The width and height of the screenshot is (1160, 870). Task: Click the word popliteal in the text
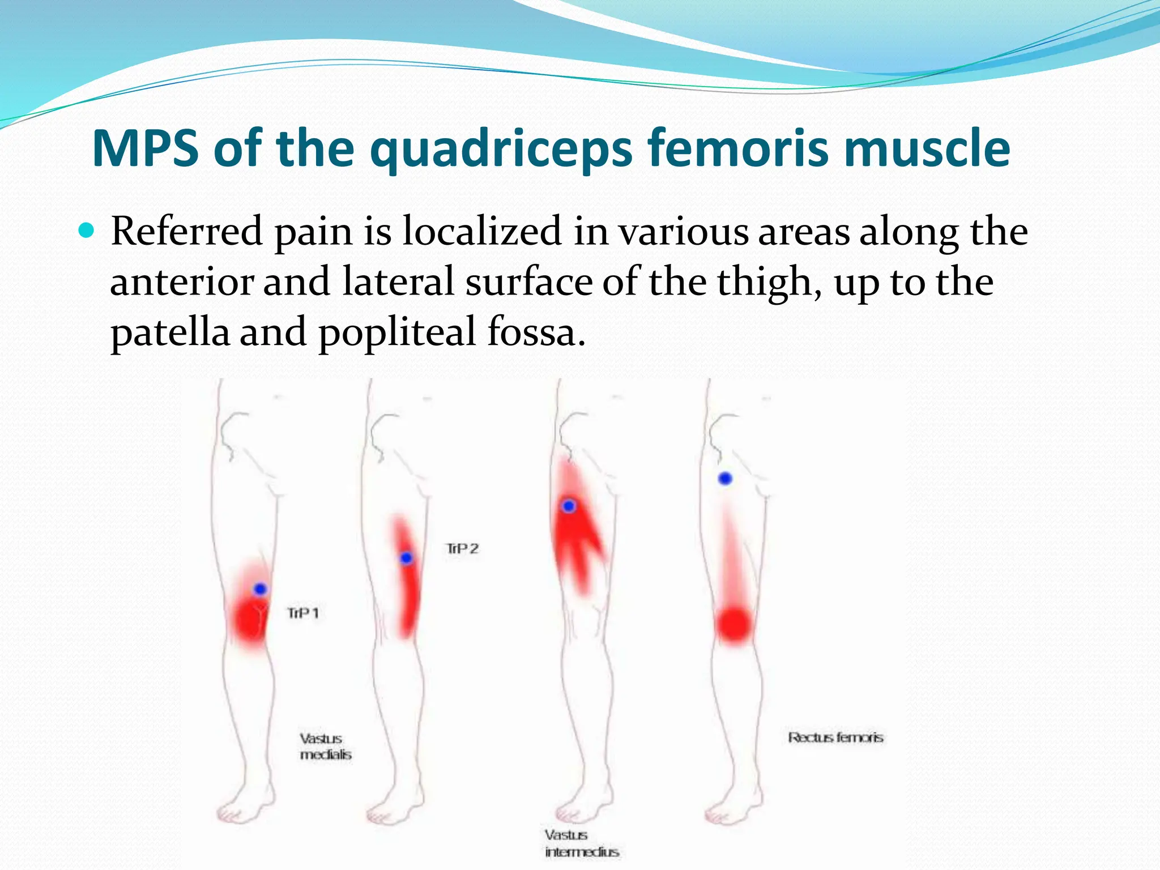397,332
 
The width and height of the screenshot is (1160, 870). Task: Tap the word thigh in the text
769,282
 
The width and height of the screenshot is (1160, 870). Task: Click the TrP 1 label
303,613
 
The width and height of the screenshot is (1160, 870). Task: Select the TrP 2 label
462,548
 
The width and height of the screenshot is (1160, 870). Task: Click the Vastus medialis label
325,747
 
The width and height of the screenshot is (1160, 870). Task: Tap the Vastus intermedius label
581,843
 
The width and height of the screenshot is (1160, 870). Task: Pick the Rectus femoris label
835,737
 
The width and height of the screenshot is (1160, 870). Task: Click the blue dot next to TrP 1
260,589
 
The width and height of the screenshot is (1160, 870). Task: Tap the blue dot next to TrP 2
406,558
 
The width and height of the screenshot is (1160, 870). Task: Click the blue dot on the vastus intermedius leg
569,506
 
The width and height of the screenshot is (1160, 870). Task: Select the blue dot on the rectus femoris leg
725,479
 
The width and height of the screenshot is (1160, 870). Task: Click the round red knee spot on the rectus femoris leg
733,625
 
